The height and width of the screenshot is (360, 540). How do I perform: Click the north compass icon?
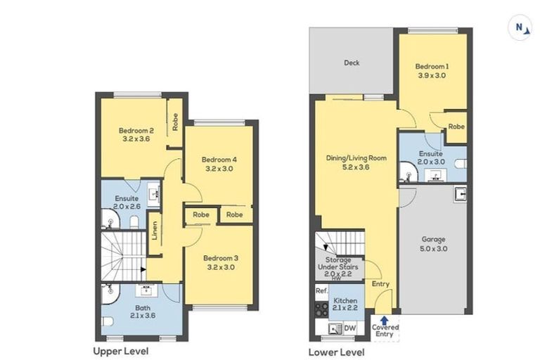click(x=520, y=28)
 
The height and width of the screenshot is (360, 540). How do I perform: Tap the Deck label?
click(x=352, y=63)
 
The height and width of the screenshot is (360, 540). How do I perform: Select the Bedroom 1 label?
click(x=432, y=67)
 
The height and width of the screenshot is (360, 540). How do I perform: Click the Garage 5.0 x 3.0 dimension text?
click(x=434, y=248)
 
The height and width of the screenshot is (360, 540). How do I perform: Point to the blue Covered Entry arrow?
click(x=385, y=319)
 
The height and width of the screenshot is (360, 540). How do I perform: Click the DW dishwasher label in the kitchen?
click(x=350, y=328)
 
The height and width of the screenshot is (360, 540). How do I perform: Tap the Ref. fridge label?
click(x=321, y=291)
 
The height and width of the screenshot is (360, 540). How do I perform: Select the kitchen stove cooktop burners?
click(x=321, y=309)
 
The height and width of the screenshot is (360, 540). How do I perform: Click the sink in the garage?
click(x=461, y=193)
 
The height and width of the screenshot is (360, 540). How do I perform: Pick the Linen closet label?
click(x=155, y=231)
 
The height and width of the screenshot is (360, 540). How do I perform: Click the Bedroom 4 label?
click(x=219, y=160)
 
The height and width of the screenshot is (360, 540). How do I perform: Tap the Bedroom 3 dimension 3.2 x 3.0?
click(x=221, y=267)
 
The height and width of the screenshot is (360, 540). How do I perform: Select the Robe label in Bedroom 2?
click(x=175, y=122)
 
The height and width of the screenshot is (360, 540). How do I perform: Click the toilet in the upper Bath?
click(x=108, y=321)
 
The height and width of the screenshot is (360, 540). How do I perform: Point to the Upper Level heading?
click(x=121, y=351)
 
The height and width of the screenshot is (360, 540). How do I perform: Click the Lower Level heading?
click(x=337, y=352)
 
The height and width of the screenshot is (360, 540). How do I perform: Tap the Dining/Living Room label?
click(x=356, y=158)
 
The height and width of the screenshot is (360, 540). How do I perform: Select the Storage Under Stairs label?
click(x=337, y=264)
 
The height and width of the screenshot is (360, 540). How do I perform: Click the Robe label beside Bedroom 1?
click(x=456, y=127)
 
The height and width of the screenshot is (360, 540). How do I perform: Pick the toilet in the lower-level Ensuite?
click(x=461, y=163)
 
